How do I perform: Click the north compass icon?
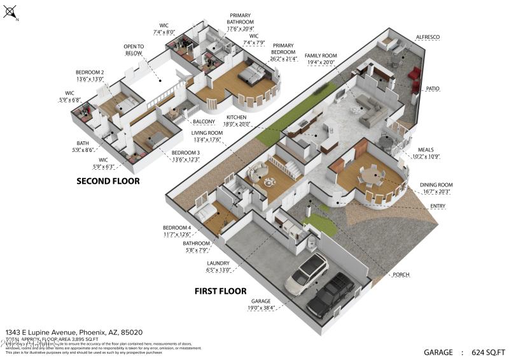(11, 13)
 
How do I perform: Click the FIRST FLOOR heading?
(220, 291)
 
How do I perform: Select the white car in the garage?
(307, 273)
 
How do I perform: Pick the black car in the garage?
(330, 294)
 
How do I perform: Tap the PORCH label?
(401, 275)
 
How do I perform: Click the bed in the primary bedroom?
(253, 74)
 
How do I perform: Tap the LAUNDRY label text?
(218, 263)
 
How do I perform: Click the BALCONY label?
(204, 121)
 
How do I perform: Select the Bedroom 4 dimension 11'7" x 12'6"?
(176, 233)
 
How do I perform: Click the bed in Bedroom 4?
(208, 214)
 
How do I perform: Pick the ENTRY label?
(437, 206)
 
